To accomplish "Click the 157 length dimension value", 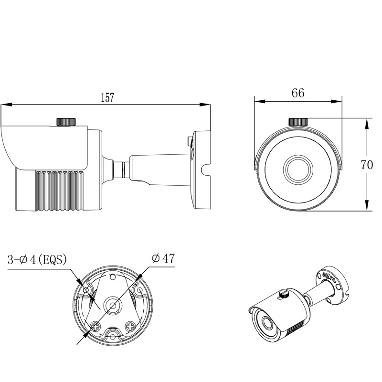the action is (x=107, y=97).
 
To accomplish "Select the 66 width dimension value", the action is (x=298, y=93).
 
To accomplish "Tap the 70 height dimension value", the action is (x=367, y=165).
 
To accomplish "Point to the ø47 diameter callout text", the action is (x=163, y=258).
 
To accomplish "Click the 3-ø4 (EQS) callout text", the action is (x=37, y=260).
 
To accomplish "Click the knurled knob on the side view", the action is (x=66, y=122).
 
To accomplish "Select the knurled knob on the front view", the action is (x=298, y=122).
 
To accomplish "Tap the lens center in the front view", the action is (x=298, y=170).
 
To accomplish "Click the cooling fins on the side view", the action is (x=60, y=190).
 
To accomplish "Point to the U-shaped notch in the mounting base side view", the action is (x=206, y=170).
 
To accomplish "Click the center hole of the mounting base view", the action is (x=113, y=305).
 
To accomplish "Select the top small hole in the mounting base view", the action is (x=113, y=277).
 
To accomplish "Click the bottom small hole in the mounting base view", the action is (x=113, y=337).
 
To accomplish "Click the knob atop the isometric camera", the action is (x=284, y=294).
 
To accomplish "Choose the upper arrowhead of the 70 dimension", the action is (x=366, y=124).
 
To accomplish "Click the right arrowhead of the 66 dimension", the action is (x=337, y=101).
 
